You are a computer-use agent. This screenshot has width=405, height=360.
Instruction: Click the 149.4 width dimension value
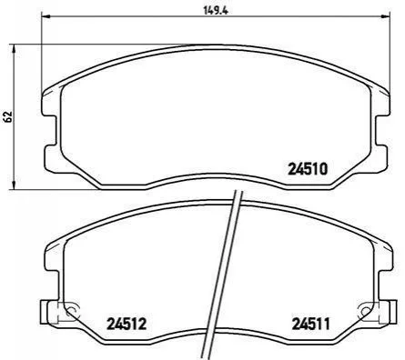(x=216, y=11)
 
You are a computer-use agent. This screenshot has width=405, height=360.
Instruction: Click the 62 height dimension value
(x=8, y=116)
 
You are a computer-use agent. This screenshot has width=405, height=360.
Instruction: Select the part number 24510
(x=308, y=169)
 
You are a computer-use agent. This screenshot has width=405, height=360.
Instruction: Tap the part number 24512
(x=127, y=324)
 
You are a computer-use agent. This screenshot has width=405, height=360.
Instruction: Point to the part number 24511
(x=310, y=324)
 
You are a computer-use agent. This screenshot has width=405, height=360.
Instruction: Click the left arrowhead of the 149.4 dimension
(x=46, y=16)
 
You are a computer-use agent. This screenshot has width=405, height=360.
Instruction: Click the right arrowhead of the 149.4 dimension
(x=385, y=16)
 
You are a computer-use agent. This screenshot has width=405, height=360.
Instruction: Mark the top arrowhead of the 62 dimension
(x=14, y=49)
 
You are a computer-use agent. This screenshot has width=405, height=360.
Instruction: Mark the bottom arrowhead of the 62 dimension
(x=14, y=185)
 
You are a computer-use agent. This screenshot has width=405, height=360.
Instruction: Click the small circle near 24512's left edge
(x=71, y=310)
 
